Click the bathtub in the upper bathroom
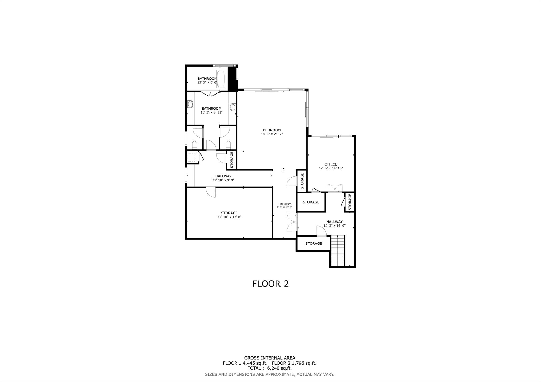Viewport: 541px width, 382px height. tap(221, 79)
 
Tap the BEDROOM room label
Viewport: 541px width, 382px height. tap(272, 130)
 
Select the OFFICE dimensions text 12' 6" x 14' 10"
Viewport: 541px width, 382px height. tap(331, 168)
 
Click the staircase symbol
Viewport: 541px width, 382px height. tap(338, 251)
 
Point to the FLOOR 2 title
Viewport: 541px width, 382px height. tap(270, 284)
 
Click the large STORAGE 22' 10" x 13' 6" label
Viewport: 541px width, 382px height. tap(229, 215)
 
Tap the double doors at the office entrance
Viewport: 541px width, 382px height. tap(335, 188)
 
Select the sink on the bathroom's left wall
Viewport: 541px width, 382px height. tap(190, 104)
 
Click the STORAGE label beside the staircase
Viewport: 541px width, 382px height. tap(314, 243)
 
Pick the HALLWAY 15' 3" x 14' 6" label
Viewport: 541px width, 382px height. tap(334, 224)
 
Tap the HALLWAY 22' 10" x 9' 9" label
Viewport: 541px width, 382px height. tap(223, 178)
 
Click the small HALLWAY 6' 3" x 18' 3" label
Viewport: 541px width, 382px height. tap(285, 206)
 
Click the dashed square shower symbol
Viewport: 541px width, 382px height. tap(191, 158)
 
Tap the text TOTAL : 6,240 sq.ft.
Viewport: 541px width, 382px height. tap(269, 368)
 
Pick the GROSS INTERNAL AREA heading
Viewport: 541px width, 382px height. tap(269, 358)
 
